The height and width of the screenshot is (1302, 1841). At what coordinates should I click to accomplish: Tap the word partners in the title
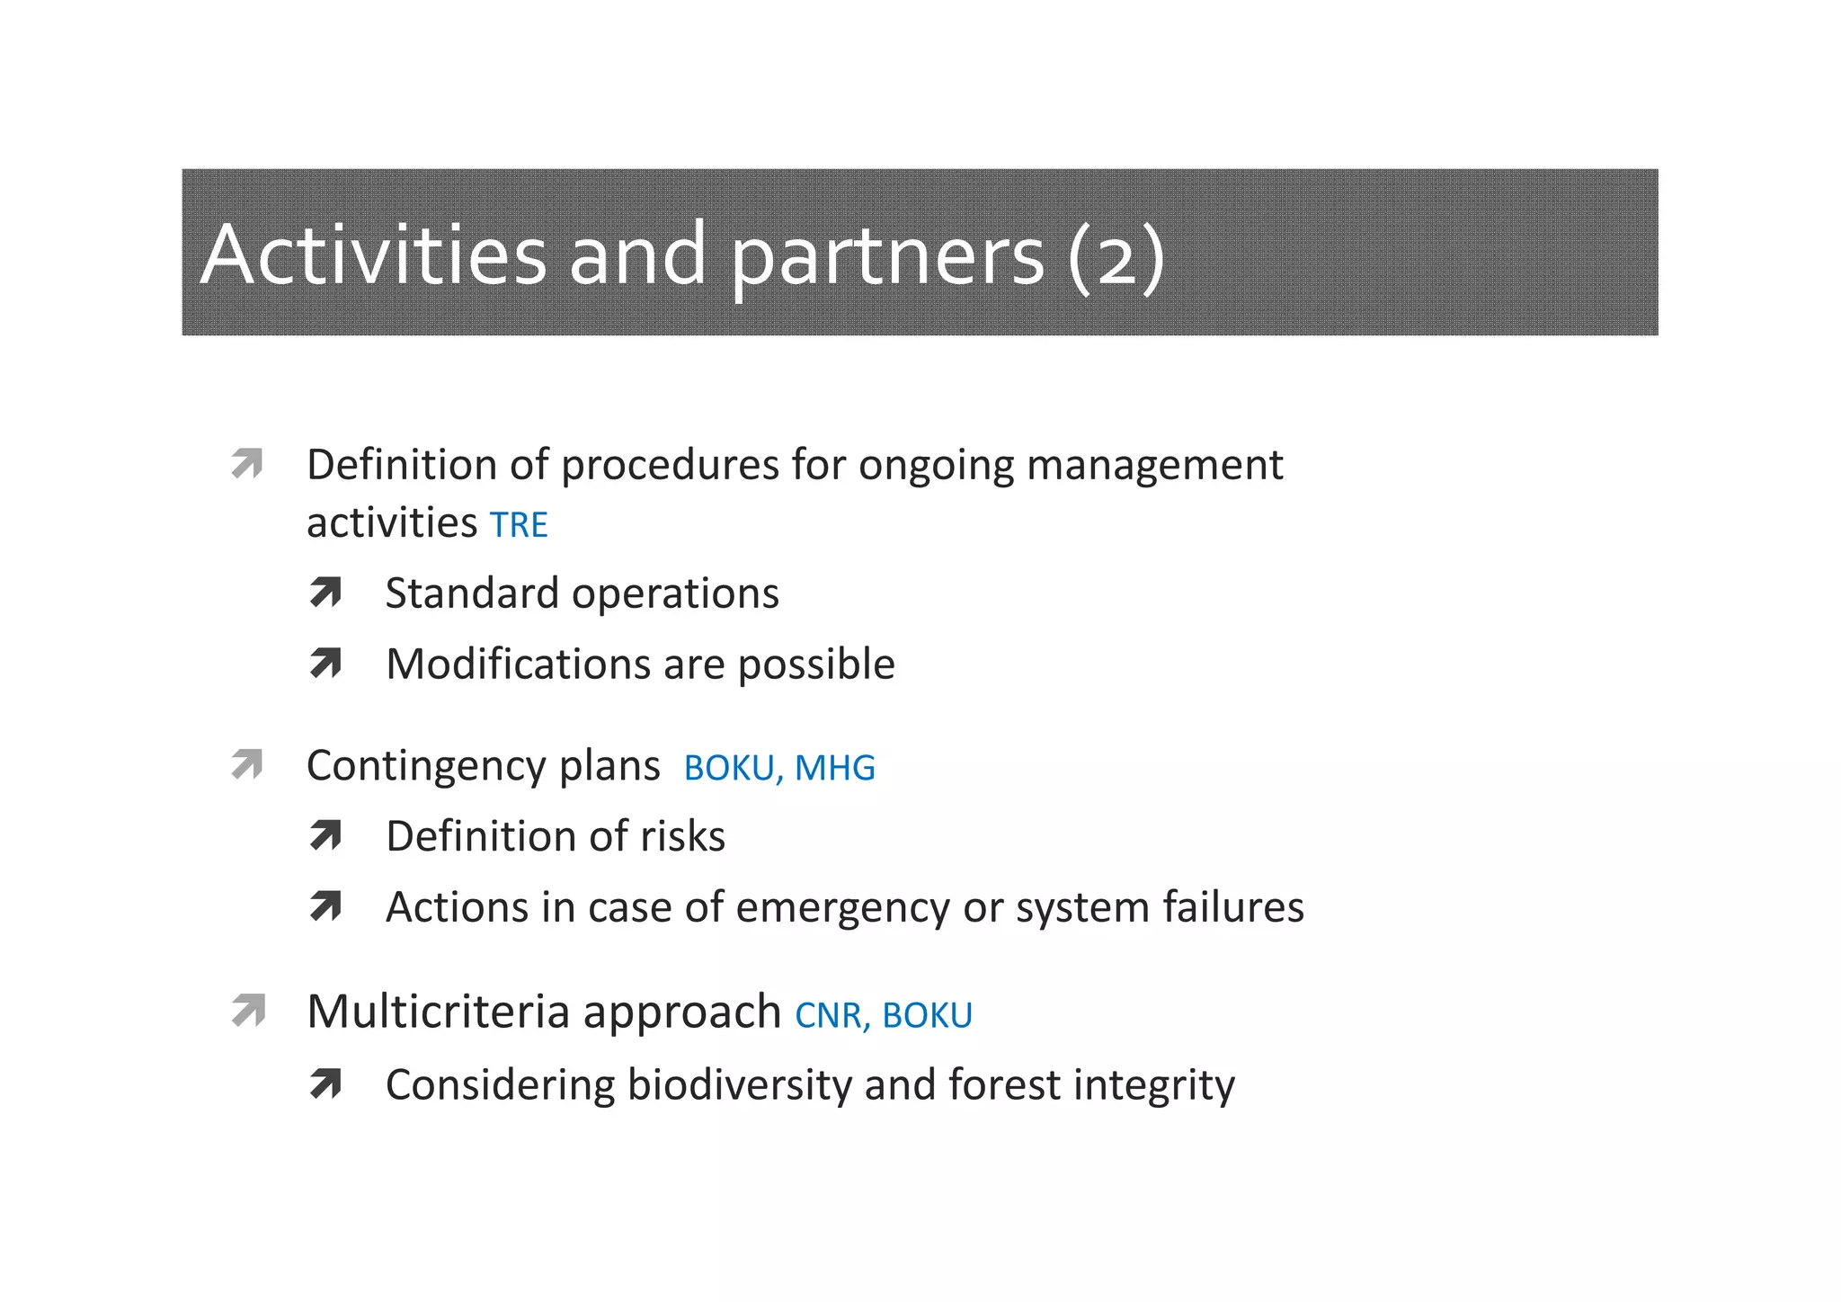886,256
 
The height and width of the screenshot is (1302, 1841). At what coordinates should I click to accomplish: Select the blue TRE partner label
519,525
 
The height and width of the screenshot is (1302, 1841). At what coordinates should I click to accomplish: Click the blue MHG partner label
834,768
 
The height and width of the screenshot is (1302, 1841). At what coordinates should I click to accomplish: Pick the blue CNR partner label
828,1015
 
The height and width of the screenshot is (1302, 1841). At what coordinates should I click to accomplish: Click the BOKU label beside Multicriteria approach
927,1015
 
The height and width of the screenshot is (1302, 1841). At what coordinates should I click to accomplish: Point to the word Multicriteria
439,1012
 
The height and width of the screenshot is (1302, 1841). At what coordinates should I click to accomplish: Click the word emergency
842,907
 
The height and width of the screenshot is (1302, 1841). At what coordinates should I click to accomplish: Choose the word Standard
472,593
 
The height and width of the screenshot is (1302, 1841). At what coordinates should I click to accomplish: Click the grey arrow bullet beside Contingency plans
246,765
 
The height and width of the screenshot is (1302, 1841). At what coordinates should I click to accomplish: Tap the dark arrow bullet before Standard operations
325,593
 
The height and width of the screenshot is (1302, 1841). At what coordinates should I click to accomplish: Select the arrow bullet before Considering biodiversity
325,1084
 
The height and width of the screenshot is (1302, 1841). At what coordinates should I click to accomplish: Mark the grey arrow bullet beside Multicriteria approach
248,1011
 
